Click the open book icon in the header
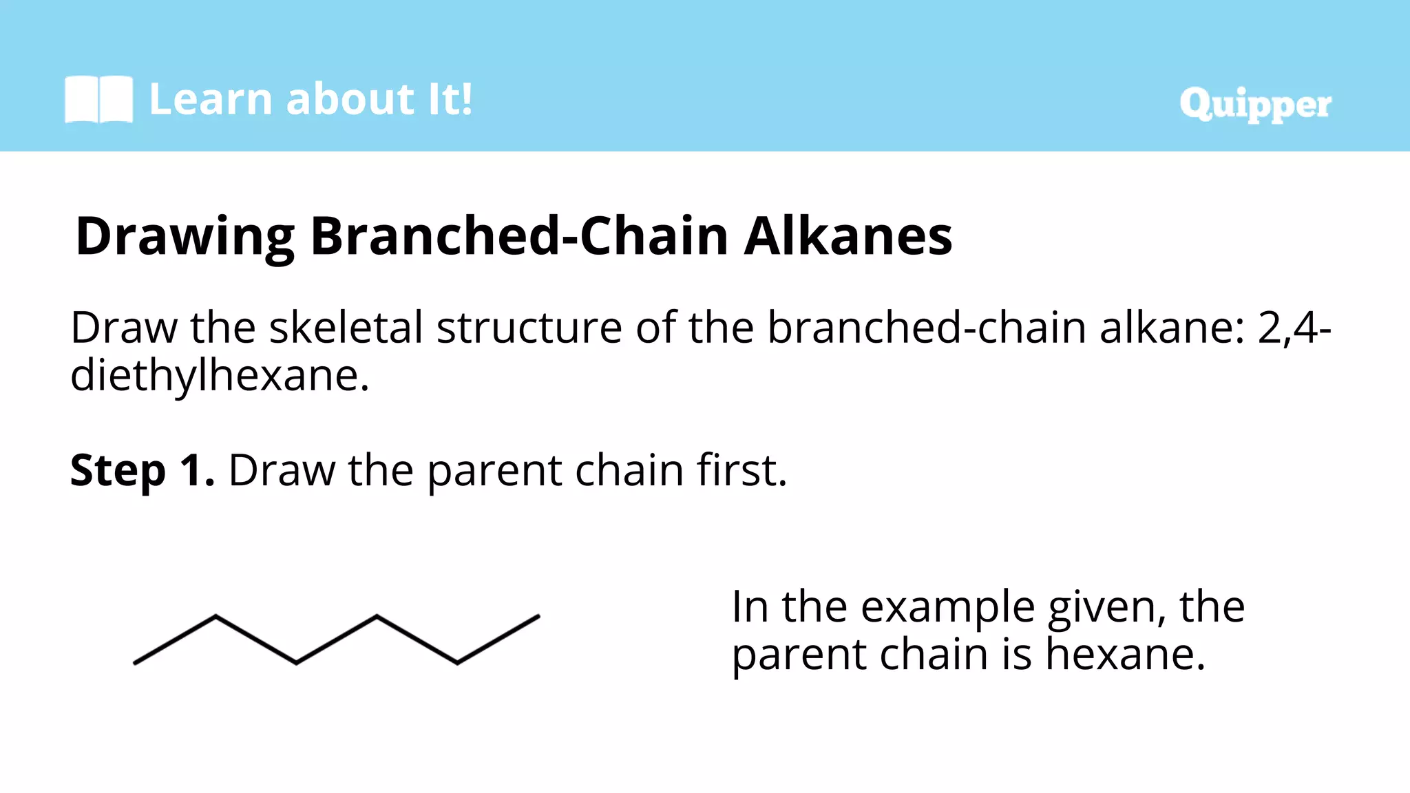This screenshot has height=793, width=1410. [98, 100]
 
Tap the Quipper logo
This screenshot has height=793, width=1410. [1255, 105]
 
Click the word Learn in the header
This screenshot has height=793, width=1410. [211, 99]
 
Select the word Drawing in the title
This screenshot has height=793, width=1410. [185, 237]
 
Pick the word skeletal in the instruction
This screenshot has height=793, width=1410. [346, 328]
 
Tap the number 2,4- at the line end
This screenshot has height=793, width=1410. [1294, 328]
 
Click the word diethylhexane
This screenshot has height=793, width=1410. [219, 376]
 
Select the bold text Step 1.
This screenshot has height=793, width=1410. [142, 471]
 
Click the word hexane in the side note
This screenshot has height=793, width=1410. [1124, 654]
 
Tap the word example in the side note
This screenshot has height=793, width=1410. [947, 609]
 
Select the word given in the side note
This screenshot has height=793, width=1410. [1106, 609]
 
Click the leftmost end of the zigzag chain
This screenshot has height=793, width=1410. [136, 663]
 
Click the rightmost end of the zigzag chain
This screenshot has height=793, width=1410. [538, 617]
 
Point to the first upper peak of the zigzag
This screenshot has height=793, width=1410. [215, 616]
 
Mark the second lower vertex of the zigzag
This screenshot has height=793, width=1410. [458, 663]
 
